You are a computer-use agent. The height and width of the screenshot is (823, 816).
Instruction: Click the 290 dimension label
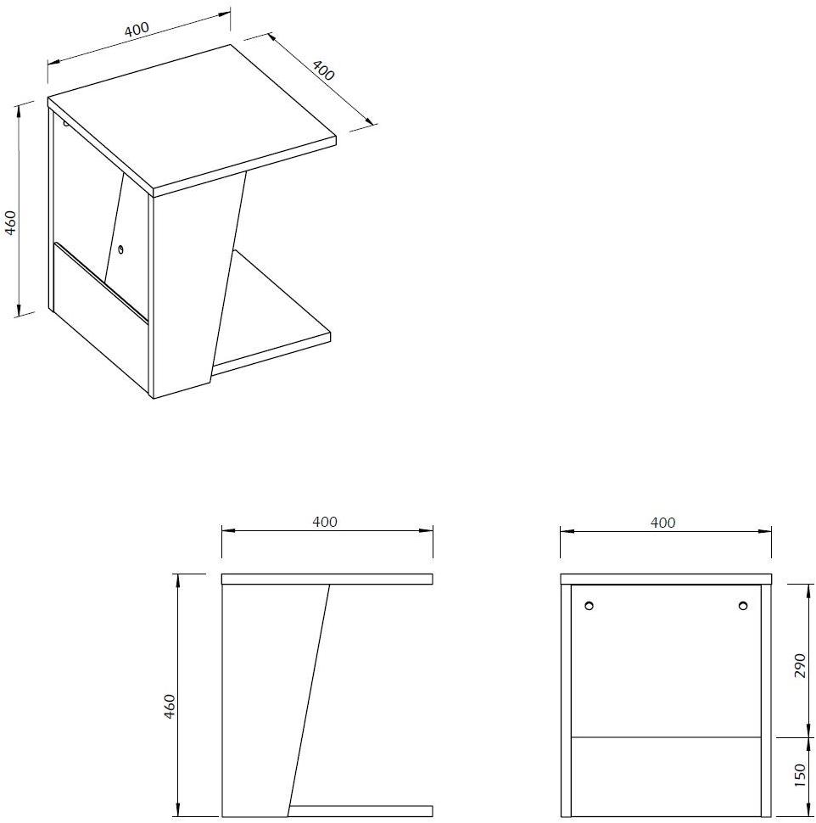[x=799, y=665]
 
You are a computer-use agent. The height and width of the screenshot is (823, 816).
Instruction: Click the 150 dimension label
[x=799, y=775]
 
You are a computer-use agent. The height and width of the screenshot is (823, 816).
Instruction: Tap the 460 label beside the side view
[x=170, y=706]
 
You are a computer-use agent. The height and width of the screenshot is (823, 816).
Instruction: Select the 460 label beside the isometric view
[x=11, y=222]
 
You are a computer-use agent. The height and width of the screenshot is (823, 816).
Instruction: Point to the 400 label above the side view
[x=325, y=522]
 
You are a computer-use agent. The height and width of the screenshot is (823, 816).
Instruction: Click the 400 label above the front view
[x=662, y=523]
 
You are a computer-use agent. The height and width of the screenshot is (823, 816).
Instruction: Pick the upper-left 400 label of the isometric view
[x=137, y=29]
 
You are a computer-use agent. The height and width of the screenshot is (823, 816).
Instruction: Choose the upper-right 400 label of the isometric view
[x=323, y=70]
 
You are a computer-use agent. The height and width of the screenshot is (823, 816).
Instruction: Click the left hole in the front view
[x=590, y=606]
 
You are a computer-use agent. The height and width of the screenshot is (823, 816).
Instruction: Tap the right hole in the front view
[x=742, y=606]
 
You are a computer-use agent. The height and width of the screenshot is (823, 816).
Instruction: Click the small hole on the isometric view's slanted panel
[x=121, y=249]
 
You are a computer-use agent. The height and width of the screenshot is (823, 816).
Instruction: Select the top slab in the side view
[x=327, y=579]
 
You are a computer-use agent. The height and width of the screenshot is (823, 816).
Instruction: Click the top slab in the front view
[x=666, y=579]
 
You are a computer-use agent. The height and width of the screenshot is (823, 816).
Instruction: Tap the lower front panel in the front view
[x=666, y=777]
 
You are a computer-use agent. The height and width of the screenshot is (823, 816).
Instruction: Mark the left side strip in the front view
[x=566, y=700]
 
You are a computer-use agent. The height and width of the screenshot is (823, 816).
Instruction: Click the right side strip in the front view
[x=766, y=700]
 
